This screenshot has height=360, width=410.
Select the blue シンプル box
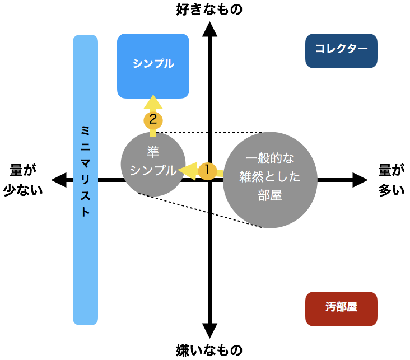pyautogui.click(x=153, y=66)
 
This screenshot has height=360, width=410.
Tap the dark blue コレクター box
pyautogui.click(x=341, y=50)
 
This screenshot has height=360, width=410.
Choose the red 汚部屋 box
pyautogui.click(x=341, y=308)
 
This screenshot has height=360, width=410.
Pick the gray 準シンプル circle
pyautogui.click(x=153, y=163)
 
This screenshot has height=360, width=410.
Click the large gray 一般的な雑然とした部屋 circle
pyautogui.click(x=270, y=180)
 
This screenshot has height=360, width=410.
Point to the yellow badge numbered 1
pyautogui.click(x=207, y=171)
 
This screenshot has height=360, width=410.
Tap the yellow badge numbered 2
pyautogui.click(x=153, y=120)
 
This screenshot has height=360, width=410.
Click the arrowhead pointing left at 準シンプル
pyautogui.click(x=187, y=170)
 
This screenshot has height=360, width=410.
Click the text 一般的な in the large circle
pyautogui.click(x=270, y=158)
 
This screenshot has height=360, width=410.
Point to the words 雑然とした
pyautogui.click(x=270, y=177)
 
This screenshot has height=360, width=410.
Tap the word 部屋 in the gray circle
pyautogui.click(x=270, y=196)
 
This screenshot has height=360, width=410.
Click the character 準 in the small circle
pyautogui.click(x=153, y=152)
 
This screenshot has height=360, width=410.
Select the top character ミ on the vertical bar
pyautogui.click(x=85, y=130)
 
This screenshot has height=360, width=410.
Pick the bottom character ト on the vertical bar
pyautogui.click(x=85, y=213)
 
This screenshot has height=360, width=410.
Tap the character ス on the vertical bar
pyautogui.click(x=85, y=197)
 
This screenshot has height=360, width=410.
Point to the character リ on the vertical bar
pyautogui.click(x=85, y=180)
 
